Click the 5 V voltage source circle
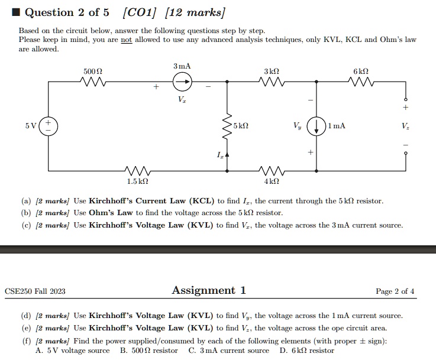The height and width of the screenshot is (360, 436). tap(48, 126)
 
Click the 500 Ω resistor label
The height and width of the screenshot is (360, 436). tap(93, 71)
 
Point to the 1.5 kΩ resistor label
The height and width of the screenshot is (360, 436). tap(137, 181)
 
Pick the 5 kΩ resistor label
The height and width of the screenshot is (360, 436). tap(241, 127)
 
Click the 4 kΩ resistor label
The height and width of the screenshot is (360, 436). tap(272, 181)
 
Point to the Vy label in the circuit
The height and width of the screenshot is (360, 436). tap(297, 127)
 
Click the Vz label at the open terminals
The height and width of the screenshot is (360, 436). tap(405, 127)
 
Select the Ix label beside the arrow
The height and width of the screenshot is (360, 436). tap(219, 155)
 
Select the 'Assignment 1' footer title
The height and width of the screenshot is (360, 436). tap(209, 290)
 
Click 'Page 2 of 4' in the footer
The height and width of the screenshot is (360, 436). tap(395, 291)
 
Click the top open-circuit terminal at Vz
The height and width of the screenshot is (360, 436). tap(405, 99)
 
